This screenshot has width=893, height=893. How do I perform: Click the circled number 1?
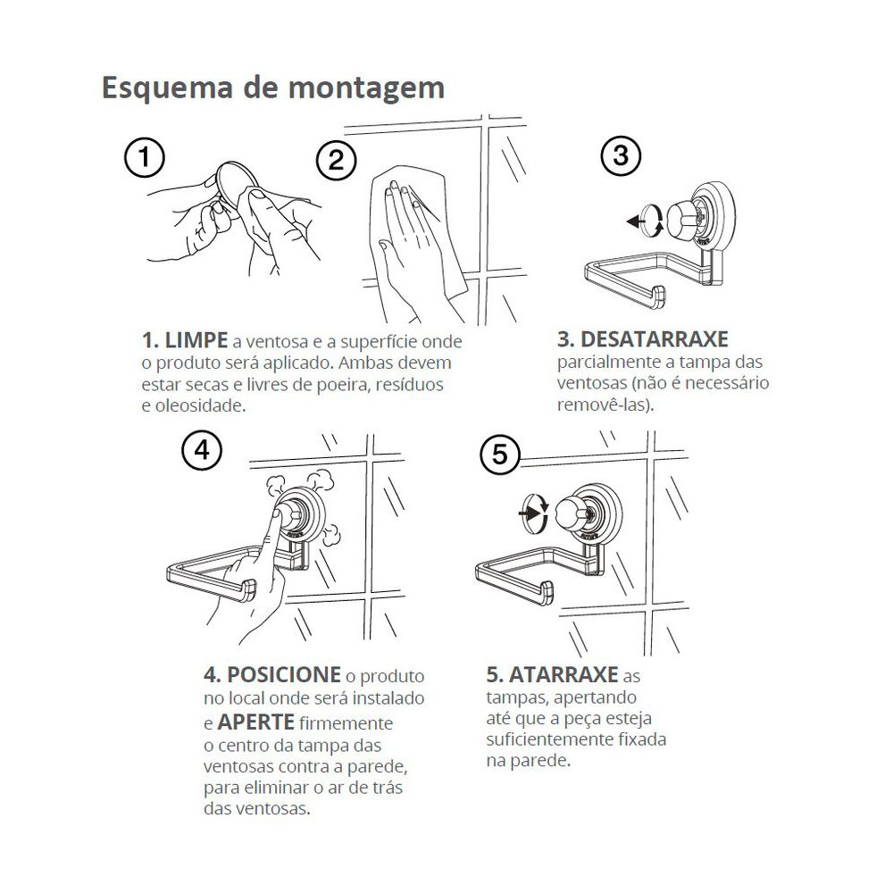point(145,158)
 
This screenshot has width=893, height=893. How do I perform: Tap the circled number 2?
point(336,160)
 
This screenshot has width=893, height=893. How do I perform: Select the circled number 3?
point(621,155)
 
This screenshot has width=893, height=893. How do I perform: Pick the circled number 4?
point(202,450)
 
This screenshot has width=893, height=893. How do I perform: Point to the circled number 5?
point(500,455)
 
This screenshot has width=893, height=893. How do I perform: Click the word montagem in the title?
point(366,88)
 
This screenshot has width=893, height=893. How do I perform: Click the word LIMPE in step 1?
point(196,340)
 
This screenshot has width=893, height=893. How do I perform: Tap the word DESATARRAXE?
point(654,339)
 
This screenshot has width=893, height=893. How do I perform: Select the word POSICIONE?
point(284,675)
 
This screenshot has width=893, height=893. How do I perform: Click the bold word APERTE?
point(255,722)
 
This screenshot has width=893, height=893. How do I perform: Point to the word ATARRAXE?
point(563,675)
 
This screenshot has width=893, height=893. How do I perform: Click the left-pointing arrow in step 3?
point(635,221)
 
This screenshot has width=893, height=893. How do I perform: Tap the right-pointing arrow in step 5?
point(529,513)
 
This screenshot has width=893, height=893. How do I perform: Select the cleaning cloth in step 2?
point(419,228)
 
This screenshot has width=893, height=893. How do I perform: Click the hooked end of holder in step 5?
point(545,593)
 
